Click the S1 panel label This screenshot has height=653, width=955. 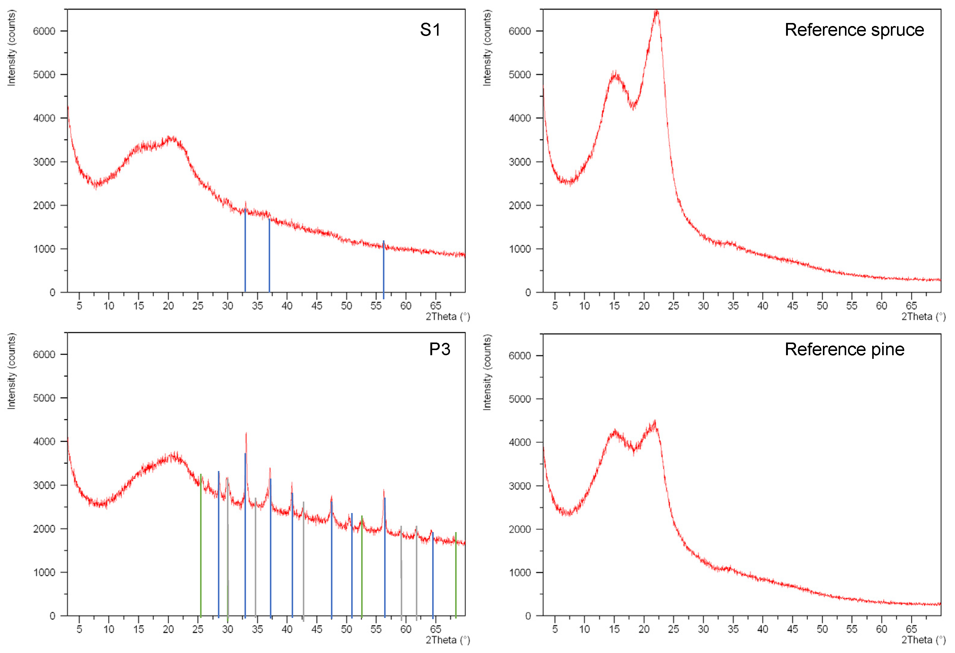coord(430,30)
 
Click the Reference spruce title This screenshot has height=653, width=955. coord(854,30)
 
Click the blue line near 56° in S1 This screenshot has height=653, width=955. coord(384,269)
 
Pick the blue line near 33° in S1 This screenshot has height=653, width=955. coord(245,251)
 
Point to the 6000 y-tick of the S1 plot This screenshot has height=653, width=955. coord(44,31)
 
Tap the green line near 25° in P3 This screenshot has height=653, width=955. coord(201,547)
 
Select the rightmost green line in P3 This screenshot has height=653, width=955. coord(456,575)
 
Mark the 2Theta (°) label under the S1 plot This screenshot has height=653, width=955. coord(448,317)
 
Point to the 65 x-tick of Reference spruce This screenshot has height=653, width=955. coord(911,306)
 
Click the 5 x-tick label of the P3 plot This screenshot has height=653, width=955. coord(79,629)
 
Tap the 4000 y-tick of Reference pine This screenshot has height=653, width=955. coord(520,443)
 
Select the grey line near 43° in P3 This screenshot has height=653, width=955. coord(303,561)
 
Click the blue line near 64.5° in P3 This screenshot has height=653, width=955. coord(433,575)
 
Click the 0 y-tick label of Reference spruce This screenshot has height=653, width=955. coord(528,293)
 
